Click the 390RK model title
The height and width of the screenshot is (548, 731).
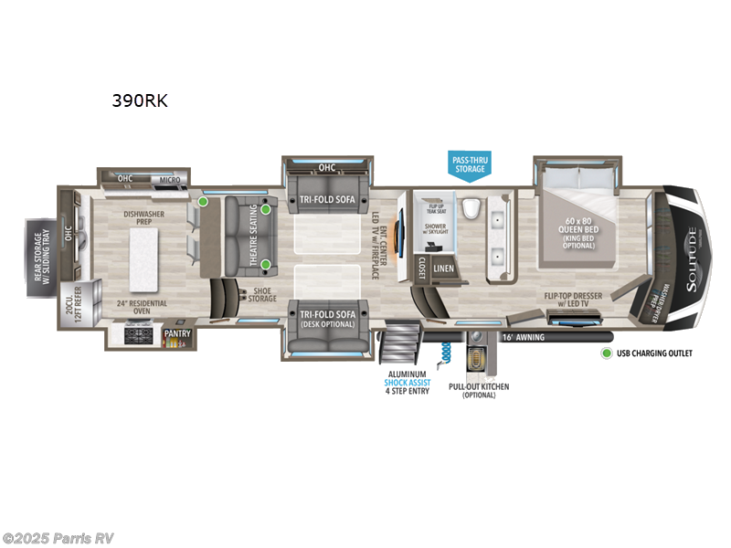[x=139, y=101]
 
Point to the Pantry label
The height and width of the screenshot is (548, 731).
[x=176, y=335]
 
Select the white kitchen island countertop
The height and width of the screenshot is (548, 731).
[x=148, y=255]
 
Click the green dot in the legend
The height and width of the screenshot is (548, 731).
[x=605, y=353]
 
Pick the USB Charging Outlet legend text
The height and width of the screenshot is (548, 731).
[x=654, y=353]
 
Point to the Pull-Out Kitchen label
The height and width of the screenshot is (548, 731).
[x=478, y=391]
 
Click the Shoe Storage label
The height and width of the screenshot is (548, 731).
[x=262, y=295]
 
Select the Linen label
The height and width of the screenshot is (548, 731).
[x=443, y=268]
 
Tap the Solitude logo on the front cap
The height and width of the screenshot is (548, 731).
[x=692, y=248]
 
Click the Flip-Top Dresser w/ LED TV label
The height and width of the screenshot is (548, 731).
[x=575, y=300]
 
